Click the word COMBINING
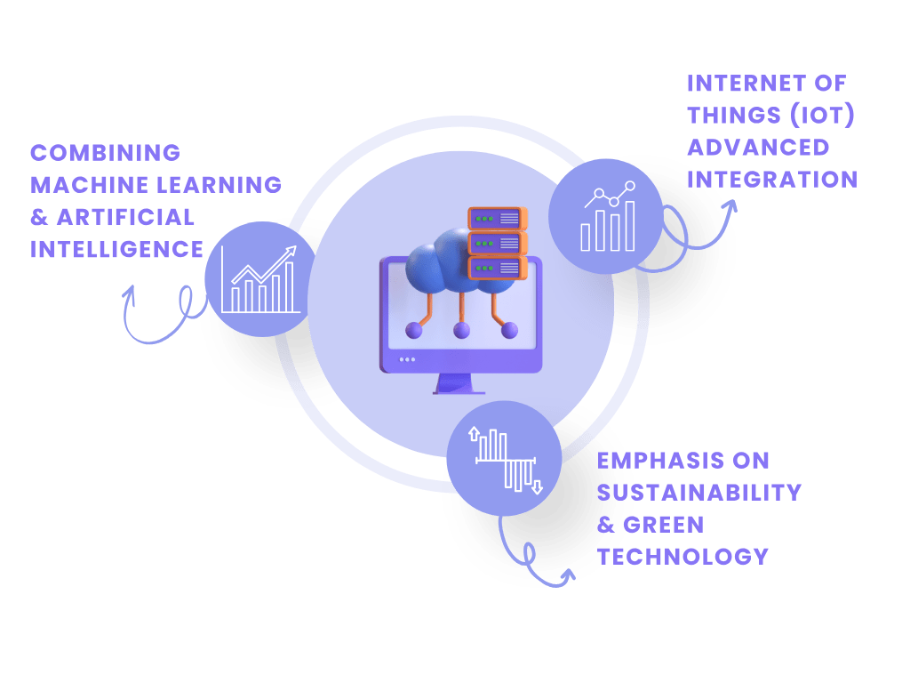tap(105, 153)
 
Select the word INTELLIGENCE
tap(116, 249)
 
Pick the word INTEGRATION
tap(771, 180)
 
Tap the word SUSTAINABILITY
tap(698, 493)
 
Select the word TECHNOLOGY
tap(682, 557)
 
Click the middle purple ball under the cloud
tap(461, 331)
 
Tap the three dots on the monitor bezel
tap(407, 359)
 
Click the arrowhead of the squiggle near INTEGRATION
tap(730, 205)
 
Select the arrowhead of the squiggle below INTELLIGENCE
tap(132, 292)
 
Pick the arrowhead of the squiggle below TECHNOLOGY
tap(569, 580)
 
